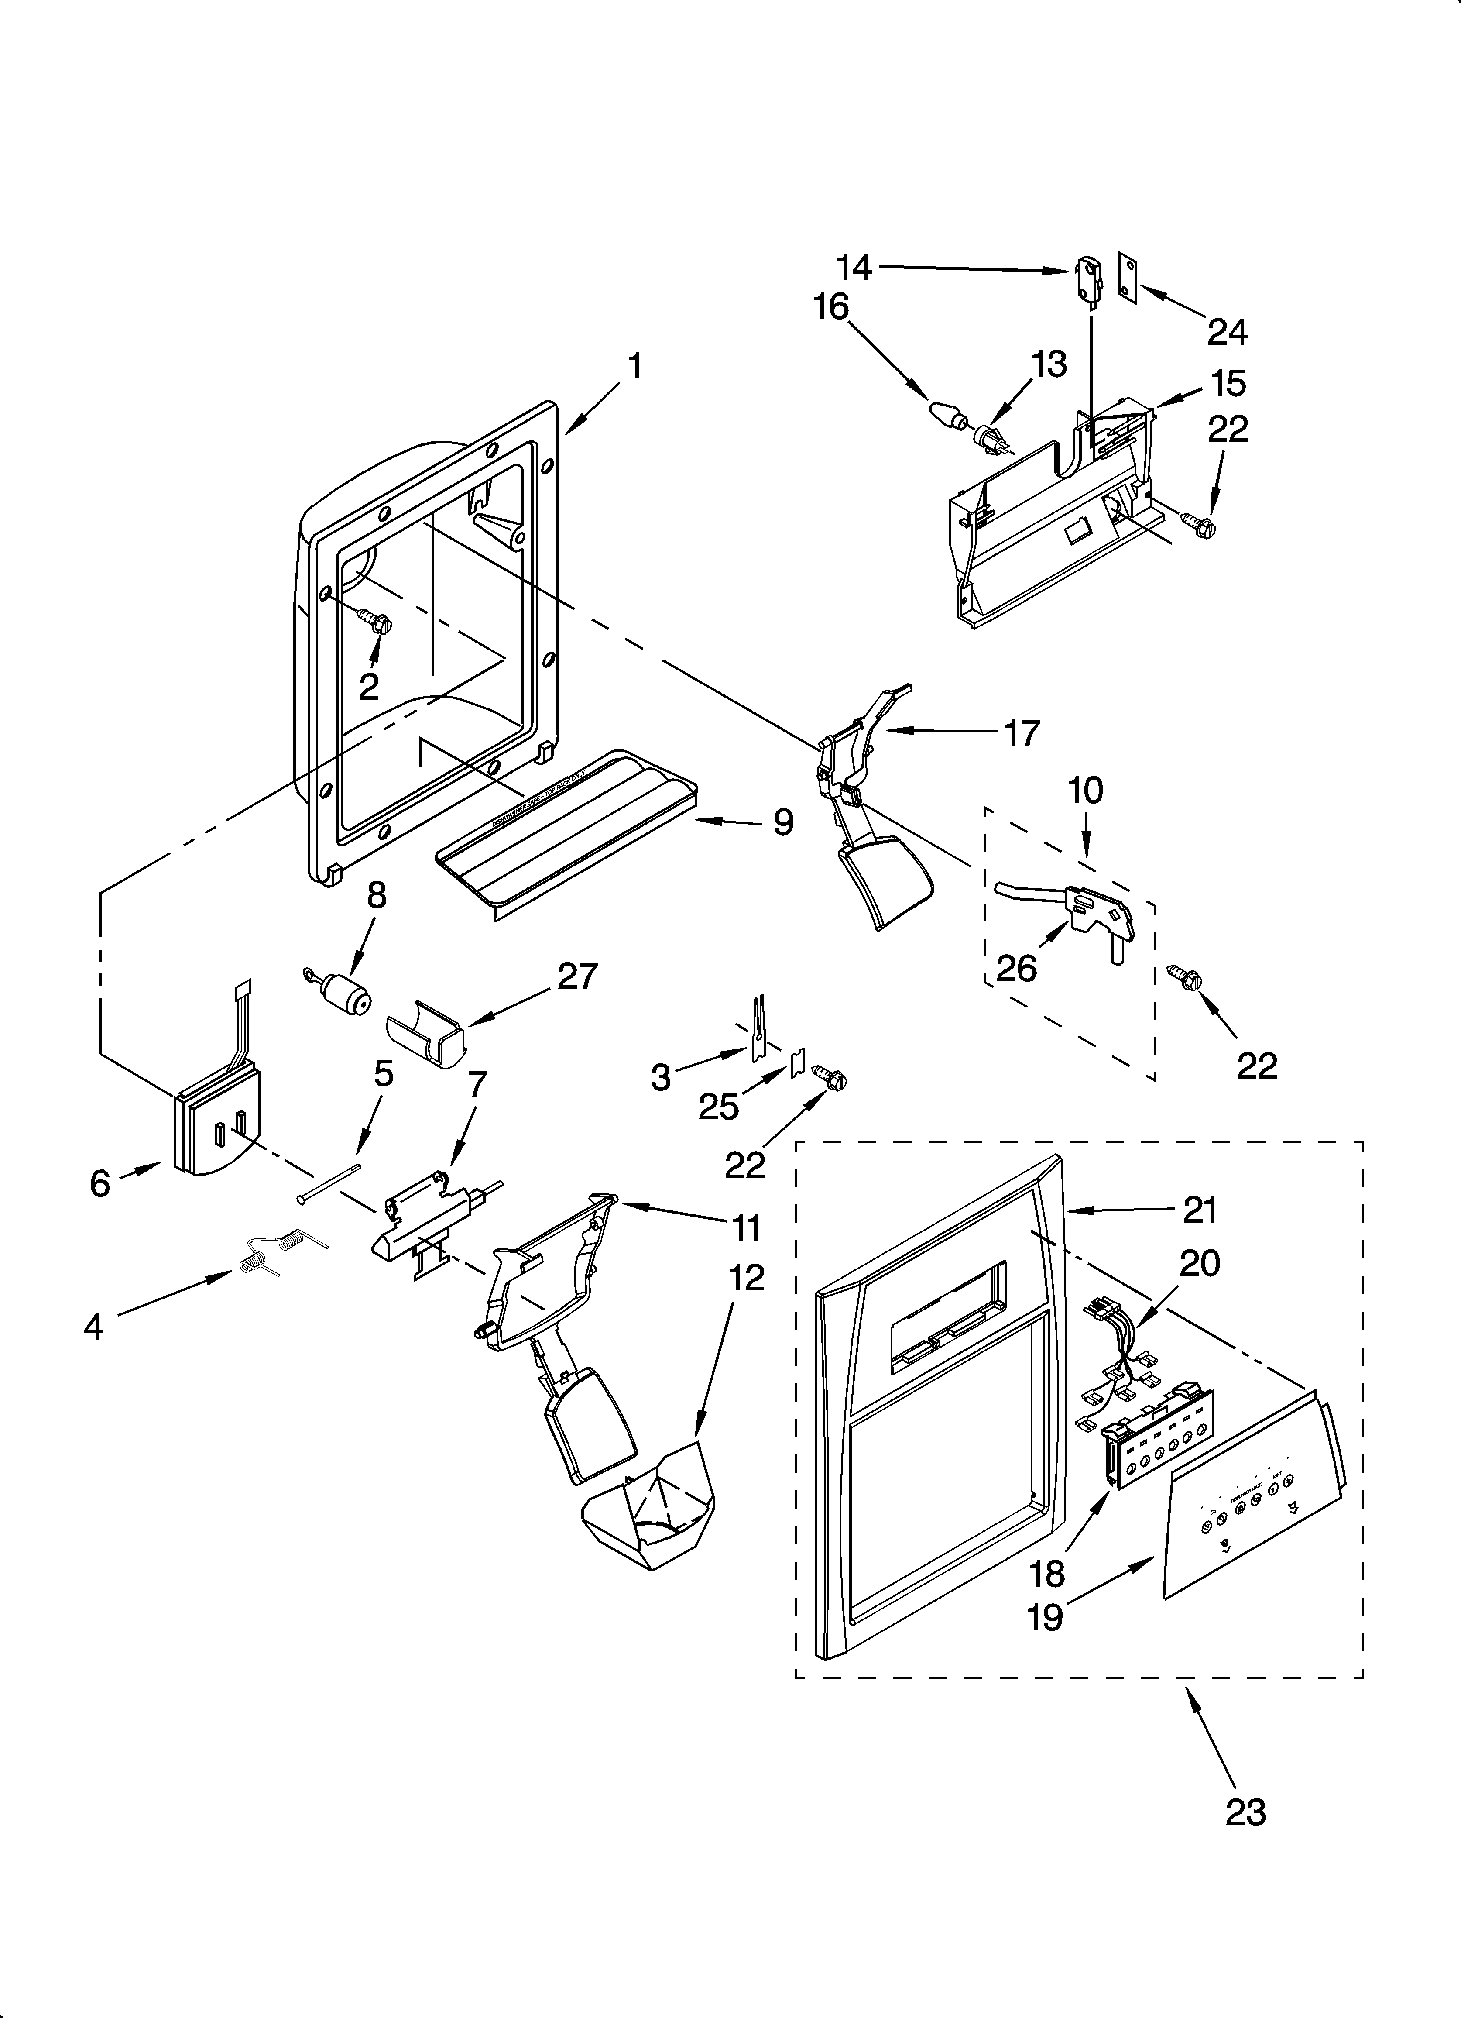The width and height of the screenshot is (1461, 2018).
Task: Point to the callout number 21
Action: click(x=1200, y=1210)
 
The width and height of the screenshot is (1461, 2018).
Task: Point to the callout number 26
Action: click(x=1016, y=968)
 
